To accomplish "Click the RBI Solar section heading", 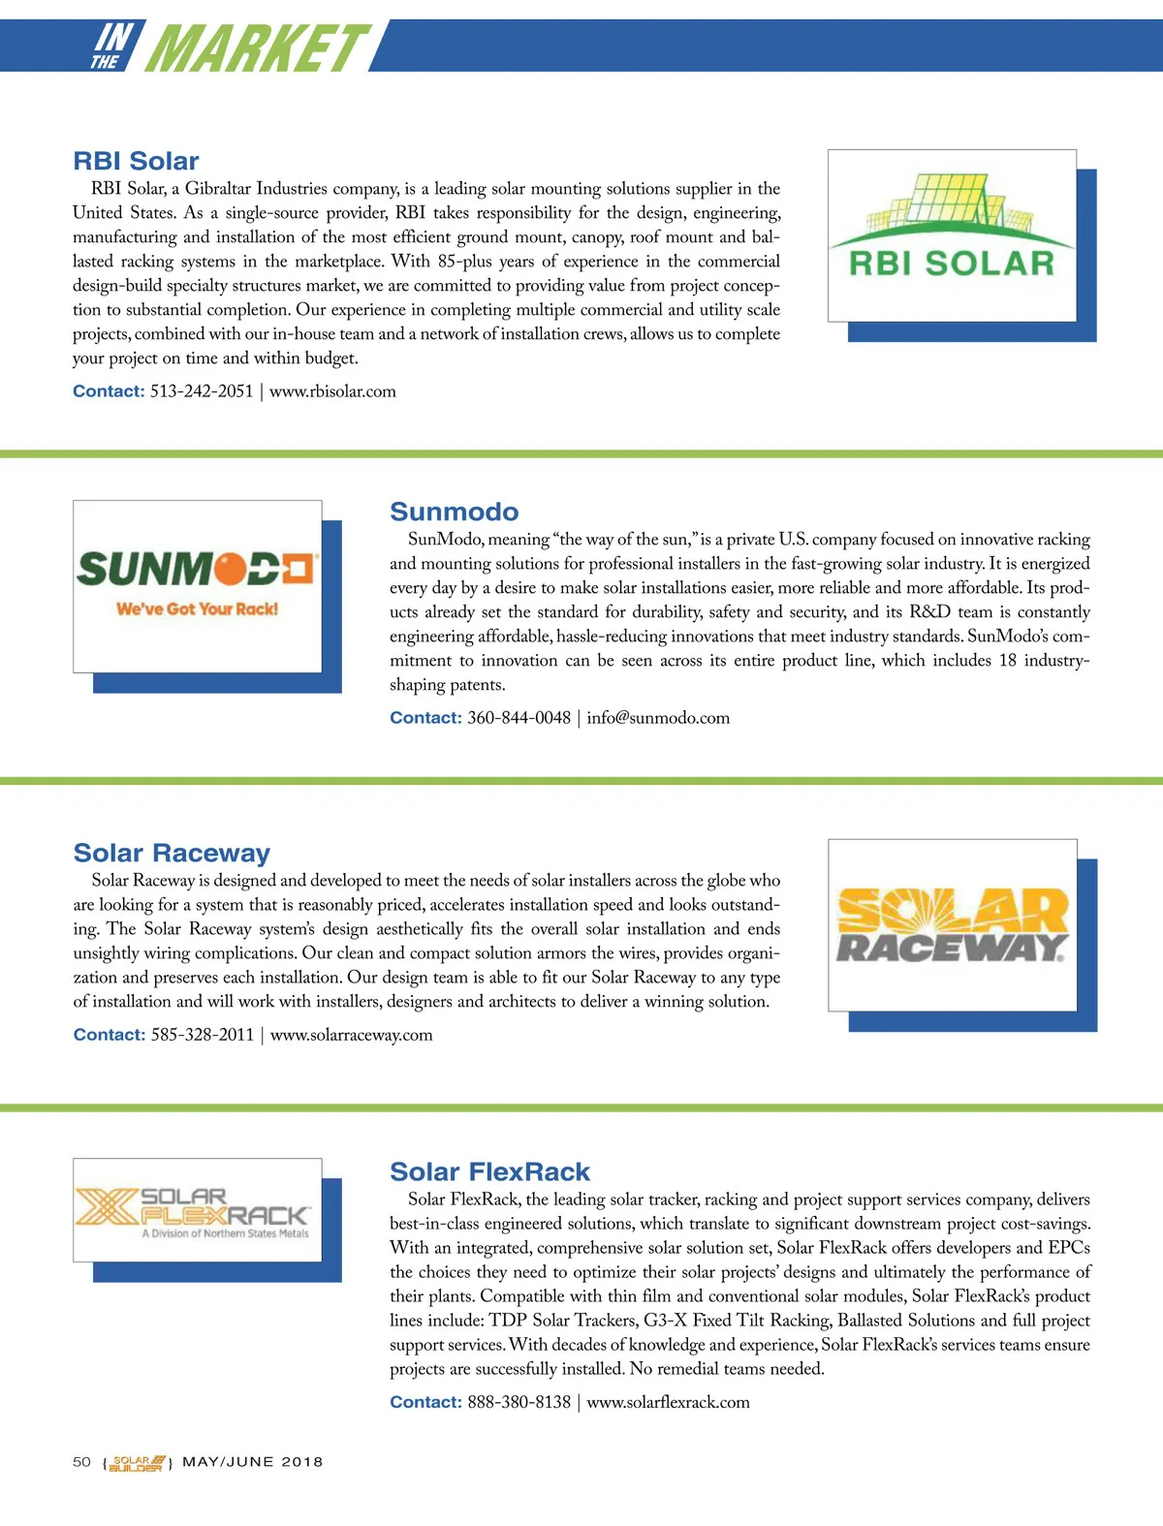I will [136, 161].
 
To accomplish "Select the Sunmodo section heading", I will [454, 512].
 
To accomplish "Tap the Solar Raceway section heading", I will [172, 853].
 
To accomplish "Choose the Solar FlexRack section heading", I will [489, 1171].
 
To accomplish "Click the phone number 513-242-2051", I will [202, 391].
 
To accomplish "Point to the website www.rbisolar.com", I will [332, 391].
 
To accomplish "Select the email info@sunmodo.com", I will [658, 718].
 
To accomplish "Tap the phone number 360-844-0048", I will [519, 718].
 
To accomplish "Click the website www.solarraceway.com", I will [351, 1035].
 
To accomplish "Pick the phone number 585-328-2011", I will [203, 1035].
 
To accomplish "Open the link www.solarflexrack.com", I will [668, 1402].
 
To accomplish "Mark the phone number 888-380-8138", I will [519, 1402].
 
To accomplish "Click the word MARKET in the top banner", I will [257, 48].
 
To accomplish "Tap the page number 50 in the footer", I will [81, 1462].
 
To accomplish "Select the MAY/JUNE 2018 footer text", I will [252, 1462].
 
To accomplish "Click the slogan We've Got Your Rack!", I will [197, 609].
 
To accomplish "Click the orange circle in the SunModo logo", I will [230, 570].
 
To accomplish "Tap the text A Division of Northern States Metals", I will [225, 1234].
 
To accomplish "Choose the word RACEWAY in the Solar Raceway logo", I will [951, 947].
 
